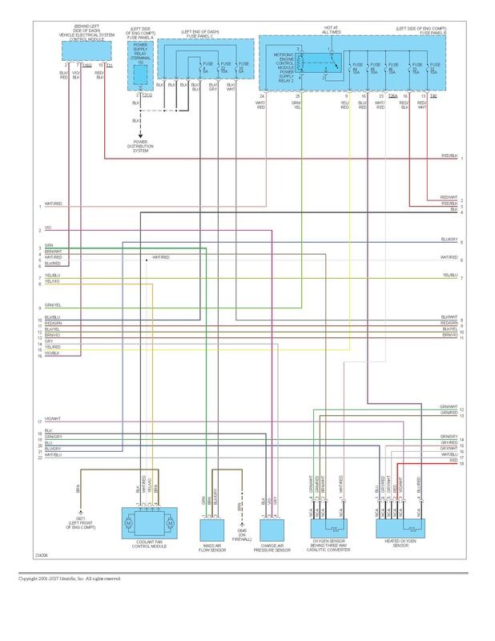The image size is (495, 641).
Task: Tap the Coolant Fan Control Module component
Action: pyautogui.click(x=147, y=526)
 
